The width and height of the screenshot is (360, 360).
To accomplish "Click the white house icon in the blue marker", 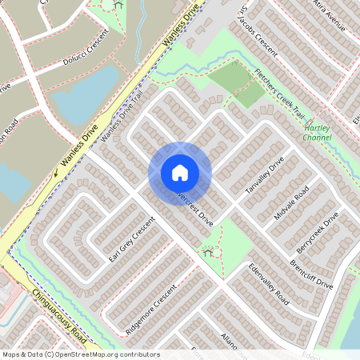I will coord(180,173).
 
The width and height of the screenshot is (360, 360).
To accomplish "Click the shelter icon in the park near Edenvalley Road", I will coord(209,254).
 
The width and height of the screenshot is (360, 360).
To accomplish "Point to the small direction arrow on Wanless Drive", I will coord(58,169).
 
